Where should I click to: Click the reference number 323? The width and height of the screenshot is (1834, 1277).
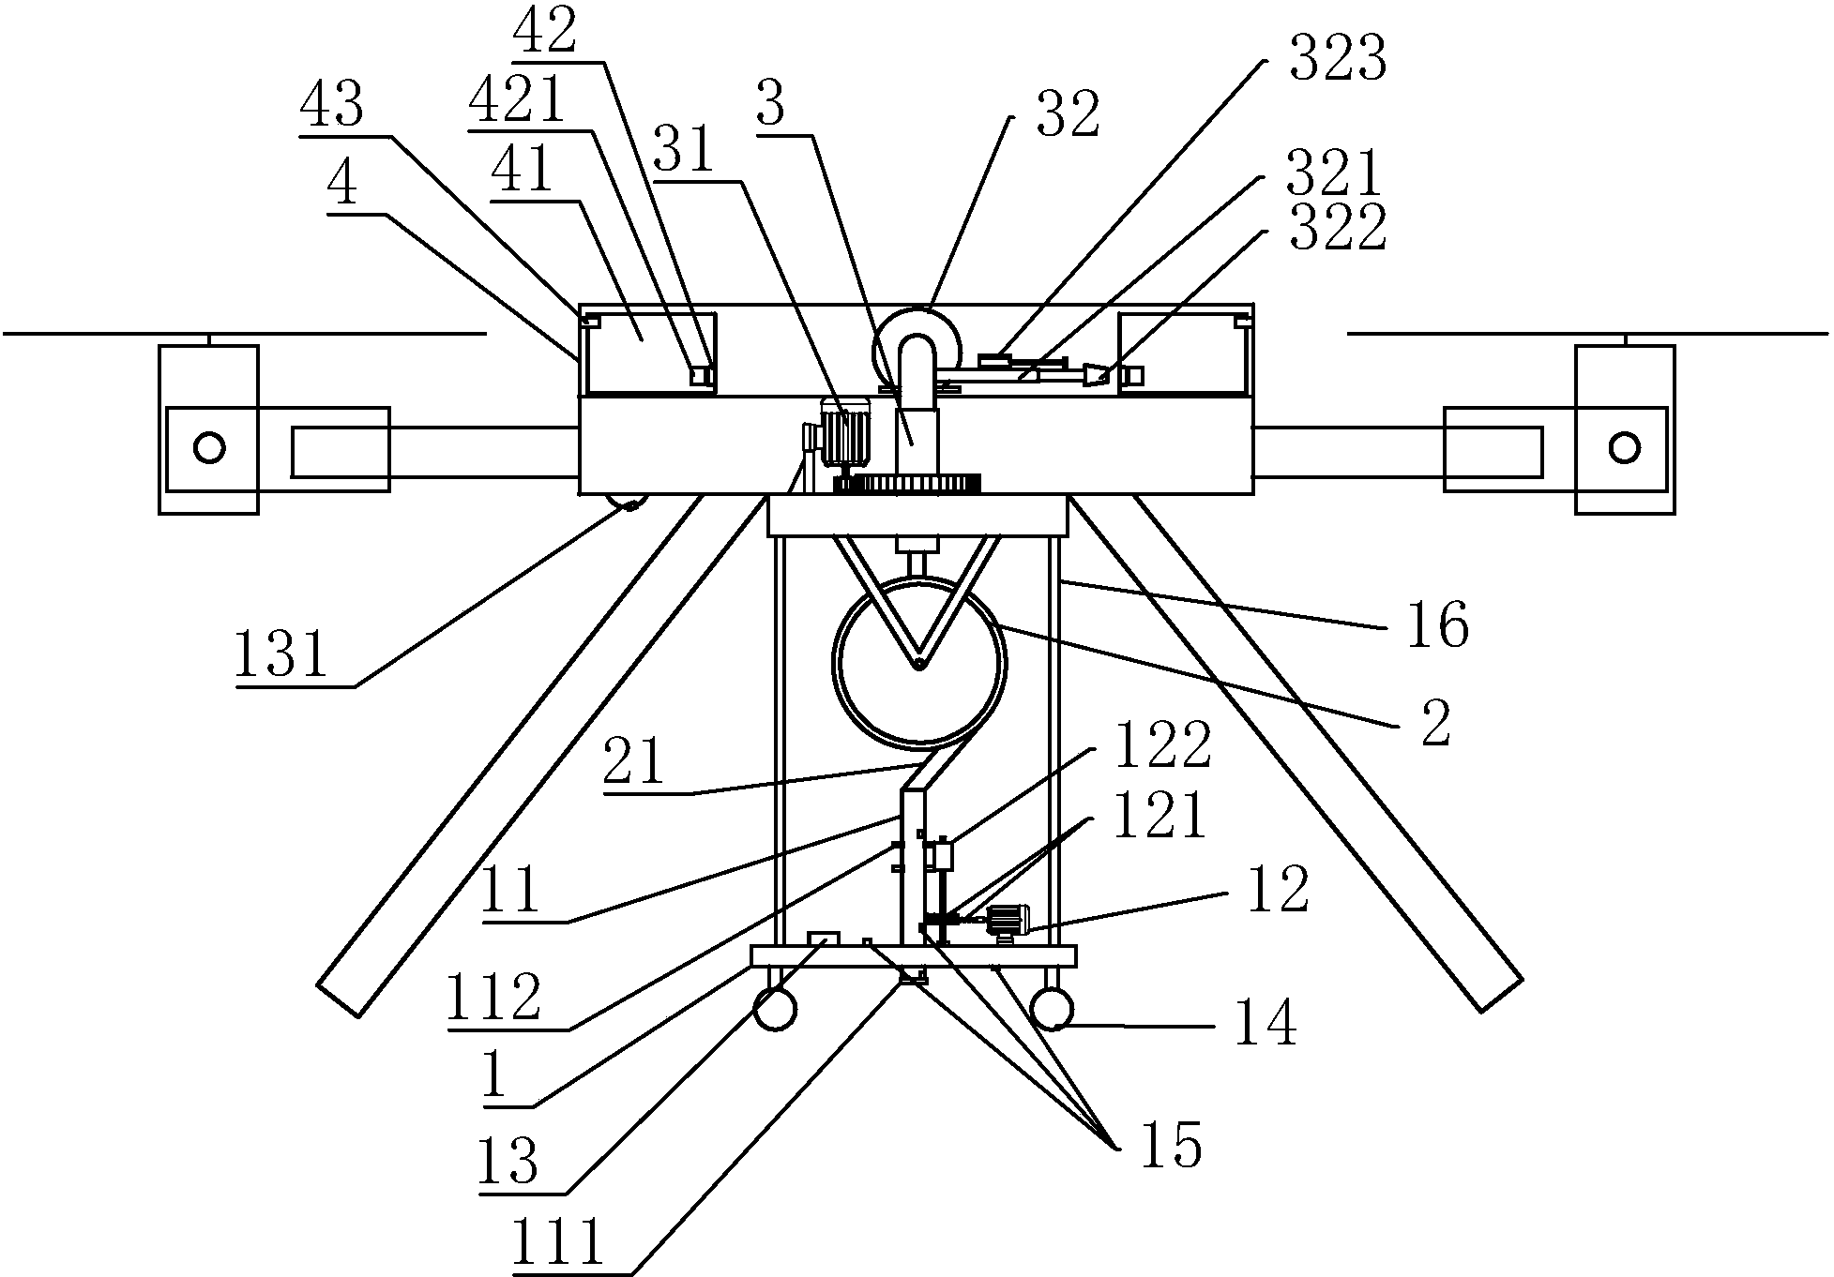(1337, 62)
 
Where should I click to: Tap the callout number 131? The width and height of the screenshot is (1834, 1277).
(280, 654)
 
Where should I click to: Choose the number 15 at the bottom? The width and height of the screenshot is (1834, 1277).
(1171, 1144)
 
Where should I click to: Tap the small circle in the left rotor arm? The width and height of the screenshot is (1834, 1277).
(209, 447)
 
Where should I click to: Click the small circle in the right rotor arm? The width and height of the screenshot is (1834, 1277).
(1624, 447)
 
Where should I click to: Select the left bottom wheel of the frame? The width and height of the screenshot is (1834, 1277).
(775, 1010)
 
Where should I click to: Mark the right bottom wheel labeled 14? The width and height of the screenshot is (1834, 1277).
(1051, 1010)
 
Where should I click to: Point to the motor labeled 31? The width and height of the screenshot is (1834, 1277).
(845, 432)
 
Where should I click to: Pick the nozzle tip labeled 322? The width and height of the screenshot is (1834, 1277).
(1095, 376)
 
